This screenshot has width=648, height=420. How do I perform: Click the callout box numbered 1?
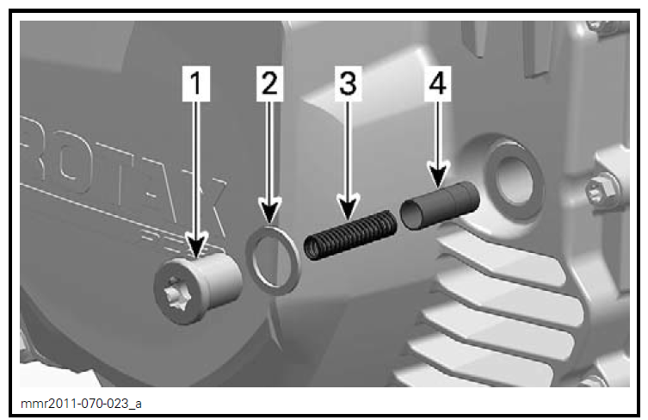click(198, 83)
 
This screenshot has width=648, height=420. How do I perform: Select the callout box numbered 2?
click(270, 83)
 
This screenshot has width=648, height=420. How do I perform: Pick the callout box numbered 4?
click(437, 83)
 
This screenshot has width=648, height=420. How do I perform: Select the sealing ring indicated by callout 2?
click(273, 259)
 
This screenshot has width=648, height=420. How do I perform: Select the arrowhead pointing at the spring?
click(347, 207)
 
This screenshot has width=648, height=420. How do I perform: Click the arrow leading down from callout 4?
click(437, 138)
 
